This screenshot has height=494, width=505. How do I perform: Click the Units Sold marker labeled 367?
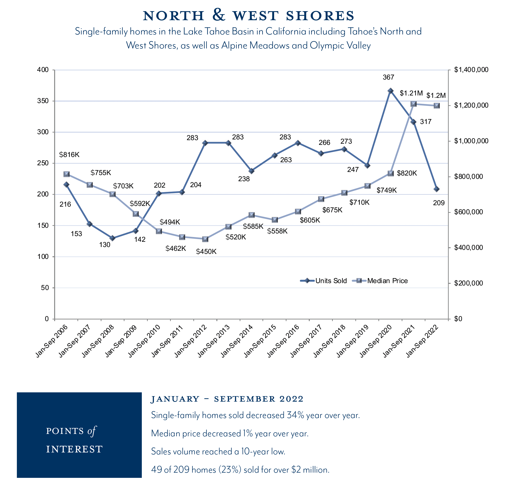pos(390,91)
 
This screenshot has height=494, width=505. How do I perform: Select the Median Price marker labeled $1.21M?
pos(413,104)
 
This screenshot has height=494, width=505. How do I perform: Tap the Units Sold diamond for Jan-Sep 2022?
pos(437,189)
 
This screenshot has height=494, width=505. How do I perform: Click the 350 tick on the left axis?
pos(43,101)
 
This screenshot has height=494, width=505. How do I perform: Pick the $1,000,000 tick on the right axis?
pos(471,141)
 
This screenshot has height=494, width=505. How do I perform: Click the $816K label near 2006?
pos(69,155)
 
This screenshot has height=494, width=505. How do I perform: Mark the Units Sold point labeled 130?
pos(112,238)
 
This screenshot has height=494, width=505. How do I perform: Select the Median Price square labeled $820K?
pos(390,174)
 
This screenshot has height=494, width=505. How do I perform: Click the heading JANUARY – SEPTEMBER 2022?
pos(227,399)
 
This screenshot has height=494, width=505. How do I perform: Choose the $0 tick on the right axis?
pos(458,319)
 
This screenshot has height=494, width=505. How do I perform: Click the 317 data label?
pos(426,121)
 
